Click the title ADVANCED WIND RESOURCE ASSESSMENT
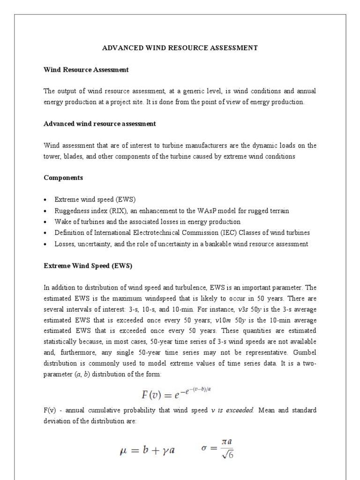click(180, 48)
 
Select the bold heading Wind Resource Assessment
click(86, 70)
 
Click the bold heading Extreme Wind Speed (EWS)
click(88, 266)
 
